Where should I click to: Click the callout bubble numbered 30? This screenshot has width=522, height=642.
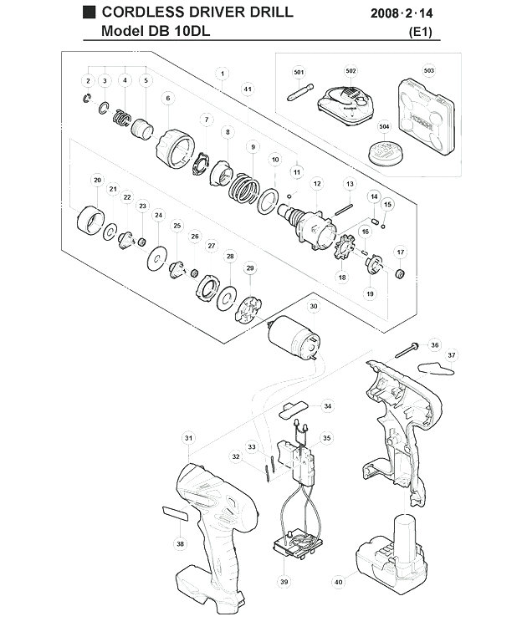click(x=314, y=306)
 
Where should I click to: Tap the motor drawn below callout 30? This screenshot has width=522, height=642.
click(x=294, y=338)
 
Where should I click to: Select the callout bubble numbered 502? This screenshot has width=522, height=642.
click(x=351, y=71)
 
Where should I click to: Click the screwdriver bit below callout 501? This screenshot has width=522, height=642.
click(x=300, y=93)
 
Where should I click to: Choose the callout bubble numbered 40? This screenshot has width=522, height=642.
click(x=339, y=582)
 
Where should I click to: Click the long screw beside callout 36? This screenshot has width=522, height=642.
click(x=407, y=349)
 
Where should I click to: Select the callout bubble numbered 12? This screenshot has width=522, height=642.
click(x=317, y=184)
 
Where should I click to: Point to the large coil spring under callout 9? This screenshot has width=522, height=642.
click(x=243, y=188)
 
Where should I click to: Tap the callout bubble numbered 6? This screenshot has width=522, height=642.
click(x=168, y=99)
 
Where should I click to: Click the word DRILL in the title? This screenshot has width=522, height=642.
click(x=270, y=12)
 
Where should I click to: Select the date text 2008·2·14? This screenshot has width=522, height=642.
click(x=402, y=13)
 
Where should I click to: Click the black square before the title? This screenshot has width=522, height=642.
click(x=89, y=13)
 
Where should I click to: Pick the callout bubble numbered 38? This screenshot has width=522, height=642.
click(x=181, y=543)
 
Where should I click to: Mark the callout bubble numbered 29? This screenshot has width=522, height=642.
click(x=250, y=268)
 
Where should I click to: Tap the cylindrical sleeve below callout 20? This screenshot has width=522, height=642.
click(x=90, y=221)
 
